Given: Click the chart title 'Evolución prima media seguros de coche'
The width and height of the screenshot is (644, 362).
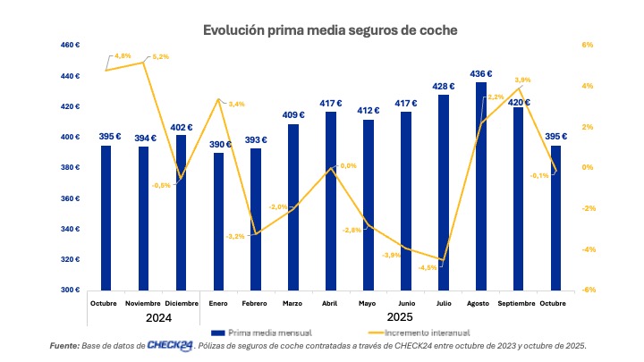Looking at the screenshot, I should point(330,30).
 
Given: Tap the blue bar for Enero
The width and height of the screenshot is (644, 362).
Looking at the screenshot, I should point(219,221).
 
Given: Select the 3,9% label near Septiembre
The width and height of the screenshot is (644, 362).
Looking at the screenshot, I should point(523,80).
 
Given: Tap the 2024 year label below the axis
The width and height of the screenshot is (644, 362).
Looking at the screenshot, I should point(144,318).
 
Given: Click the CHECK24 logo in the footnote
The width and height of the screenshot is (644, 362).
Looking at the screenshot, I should point(171,345).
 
